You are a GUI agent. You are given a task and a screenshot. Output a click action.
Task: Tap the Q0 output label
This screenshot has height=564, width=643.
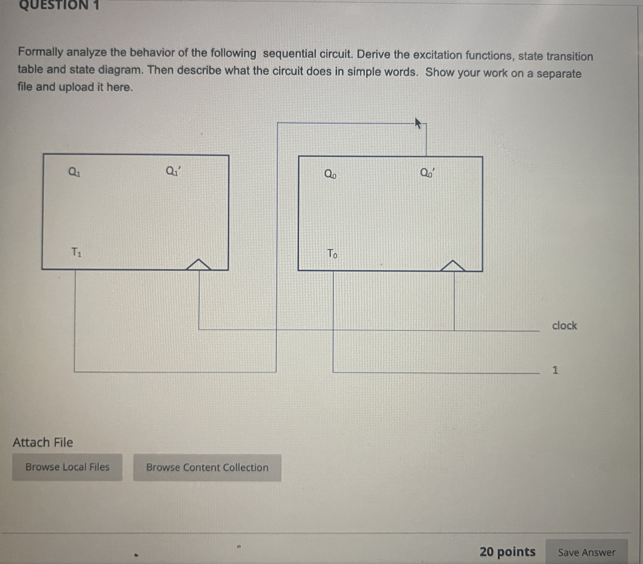tap(330, 174)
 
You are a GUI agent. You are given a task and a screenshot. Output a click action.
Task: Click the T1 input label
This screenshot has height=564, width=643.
tap(76, 252)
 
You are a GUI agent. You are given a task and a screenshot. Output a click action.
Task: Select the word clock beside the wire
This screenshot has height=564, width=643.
tap(564, 326)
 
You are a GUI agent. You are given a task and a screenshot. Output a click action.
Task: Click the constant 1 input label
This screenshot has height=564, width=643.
tap(555, 370)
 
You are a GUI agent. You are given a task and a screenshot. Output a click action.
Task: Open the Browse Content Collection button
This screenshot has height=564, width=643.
tap(207, 467)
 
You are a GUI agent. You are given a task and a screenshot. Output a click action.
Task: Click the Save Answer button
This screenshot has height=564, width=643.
tap(586, 552)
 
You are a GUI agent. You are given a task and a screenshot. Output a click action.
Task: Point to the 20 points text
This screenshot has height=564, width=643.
tap(507, 552)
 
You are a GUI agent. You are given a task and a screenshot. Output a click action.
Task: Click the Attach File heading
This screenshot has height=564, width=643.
tap(43, 443)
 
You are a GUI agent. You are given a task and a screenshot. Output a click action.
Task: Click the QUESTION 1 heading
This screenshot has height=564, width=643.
tap(59, 5)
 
